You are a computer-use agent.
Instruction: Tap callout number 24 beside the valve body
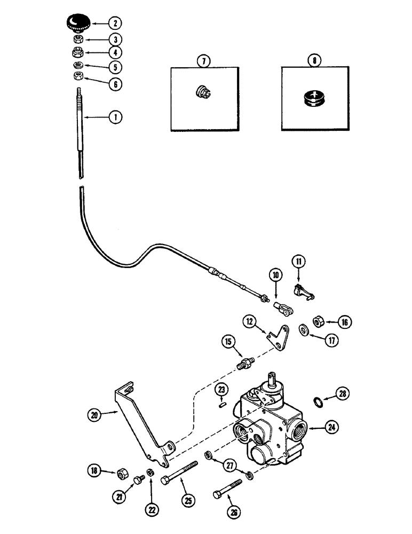point(333,427)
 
